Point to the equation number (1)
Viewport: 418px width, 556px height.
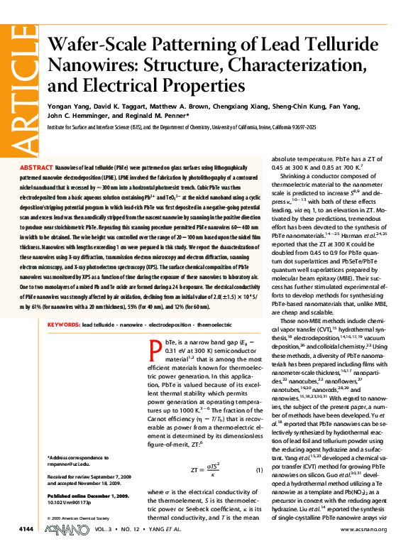pos(259,470)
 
